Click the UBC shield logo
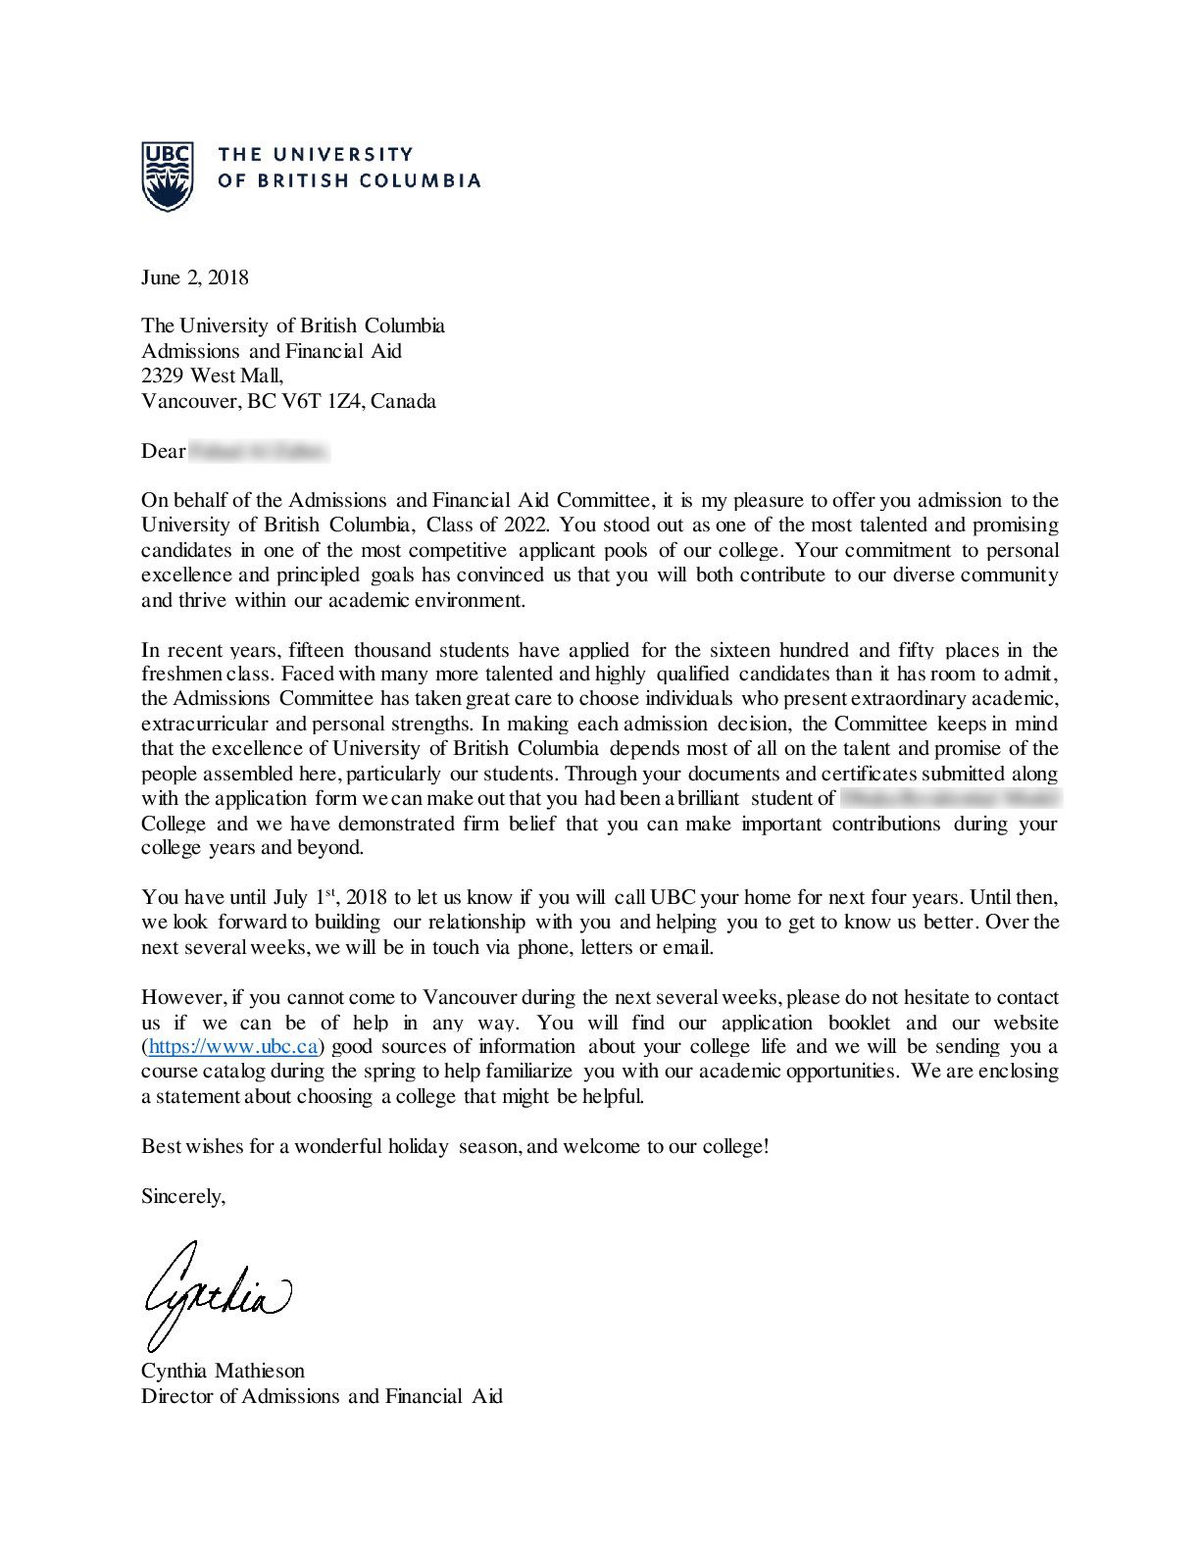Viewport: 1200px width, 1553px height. tap(165, 176)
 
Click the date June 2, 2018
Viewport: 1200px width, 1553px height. tap(195, 277)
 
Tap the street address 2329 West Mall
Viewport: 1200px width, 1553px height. tap(212, 376)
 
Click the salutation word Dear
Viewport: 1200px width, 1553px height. tap(163, 451)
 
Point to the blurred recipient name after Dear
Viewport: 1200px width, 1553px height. tap(259, 451)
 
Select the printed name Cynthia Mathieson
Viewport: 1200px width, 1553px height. tap(223, 1371)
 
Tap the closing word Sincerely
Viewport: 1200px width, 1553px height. tap(183, 1196)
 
